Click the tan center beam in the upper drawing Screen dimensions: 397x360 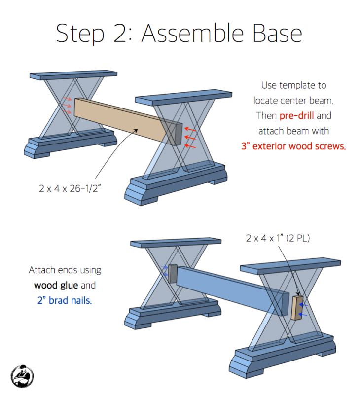pos(123,118)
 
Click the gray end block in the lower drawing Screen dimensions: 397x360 pos(173,274)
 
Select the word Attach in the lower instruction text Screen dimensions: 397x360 pos(42,270)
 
